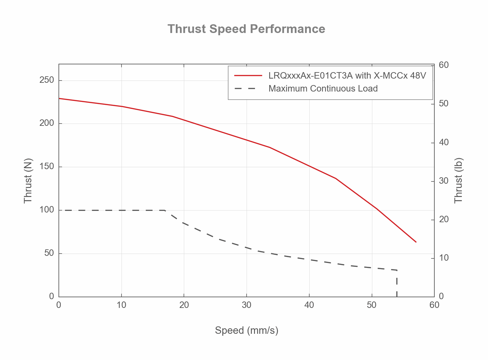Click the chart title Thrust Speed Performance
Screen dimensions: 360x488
pyautogui.click(x=246, y=29)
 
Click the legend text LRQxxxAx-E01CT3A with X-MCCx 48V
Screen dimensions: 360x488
pyautogui.click(x=347, y=76)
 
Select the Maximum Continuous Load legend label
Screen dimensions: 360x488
pyautogui.click(x=323, y=89)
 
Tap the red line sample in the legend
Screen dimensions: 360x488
pyautogui.click(x=248, y=76)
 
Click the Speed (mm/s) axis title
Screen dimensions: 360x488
pyautogui.click(x=246, y=330)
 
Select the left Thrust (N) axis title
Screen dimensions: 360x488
pyautogui.click(x=28, y=180)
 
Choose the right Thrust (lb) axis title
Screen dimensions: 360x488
pyautogui.click(x=459, y=180)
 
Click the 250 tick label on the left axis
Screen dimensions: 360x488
pyautogui.click(x=47, y=80)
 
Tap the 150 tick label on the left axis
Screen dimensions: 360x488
pyautogui.click(x=47, y=167)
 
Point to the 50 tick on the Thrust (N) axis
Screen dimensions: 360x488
pyautogui.click(x=49, y=253)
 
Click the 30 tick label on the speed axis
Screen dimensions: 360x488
pyautogui.click(x=247, y=305)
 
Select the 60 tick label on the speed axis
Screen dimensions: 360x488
pyautogui.click(x=434, y=305)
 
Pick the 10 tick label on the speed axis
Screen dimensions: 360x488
pyautogui.click(x=121, y=305)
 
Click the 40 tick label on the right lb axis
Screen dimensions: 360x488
pyautogui.click(x=444, y=142)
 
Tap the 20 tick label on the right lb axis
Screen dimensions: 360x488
pyautogui.click(x=444, y=219)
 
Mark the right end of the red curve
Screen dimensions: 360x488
pyautogui.click(x=416, y=242)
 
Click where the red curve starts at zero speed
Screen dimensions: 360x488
pyautogui.click(x=59, y=98)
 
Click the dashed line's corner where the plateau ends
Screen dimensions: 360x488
pyautogui.click(x=165, y=210)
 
